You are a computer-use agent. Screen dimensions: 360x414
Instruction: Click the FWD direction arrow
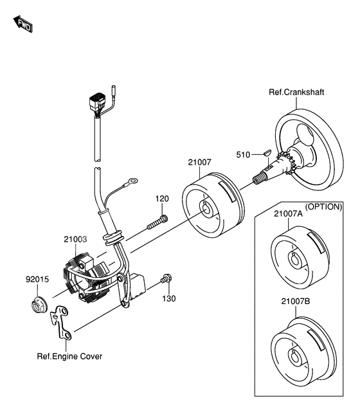point(23,24)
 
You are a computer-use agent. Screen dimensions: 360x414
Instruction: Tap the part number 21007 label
point(200,162)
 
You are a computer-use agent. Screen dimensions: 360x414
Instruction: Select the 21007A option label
point(288,213)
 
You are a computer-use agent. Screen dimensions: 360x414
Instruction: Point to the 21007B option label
point(295,301)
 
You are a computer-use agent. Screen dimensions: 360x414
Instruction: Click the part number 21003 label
point(75,239)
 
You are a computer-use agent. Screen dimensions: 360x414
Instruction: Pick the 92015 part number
point(37,279)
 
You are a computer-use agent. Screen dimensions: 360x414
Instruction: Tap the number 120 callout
point(162,199)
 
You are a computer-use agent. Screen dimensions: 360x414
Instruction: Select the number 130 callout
point(169,299)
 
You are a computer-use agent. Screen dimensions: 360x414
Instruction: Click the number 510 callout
point(243,155)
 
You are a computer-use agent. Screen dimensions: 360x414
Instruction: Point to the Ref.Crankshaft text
point(296,92)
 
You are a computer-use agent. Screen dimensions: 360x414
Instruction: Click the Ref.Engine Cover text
point(69,356)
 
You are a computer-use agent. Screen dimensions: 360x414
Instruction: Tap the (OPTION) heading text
point(323,207)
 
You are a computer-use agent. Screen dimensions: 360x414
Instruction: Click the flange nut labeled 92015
point(39,305)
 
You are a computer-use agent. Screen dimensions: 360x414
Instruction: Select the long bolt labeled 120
point(157,222)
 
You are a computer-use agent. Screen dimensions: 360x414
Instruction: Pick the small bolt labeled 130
point(166,278)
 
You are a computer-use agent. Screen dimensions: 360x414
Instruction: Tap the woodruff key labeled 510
point(267,152)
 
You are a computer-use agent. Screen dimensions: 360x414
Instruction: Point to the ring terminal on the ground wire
point(132,181)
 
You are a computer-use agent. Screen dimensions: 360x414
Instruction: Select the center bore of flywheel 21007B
point(296,356)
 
